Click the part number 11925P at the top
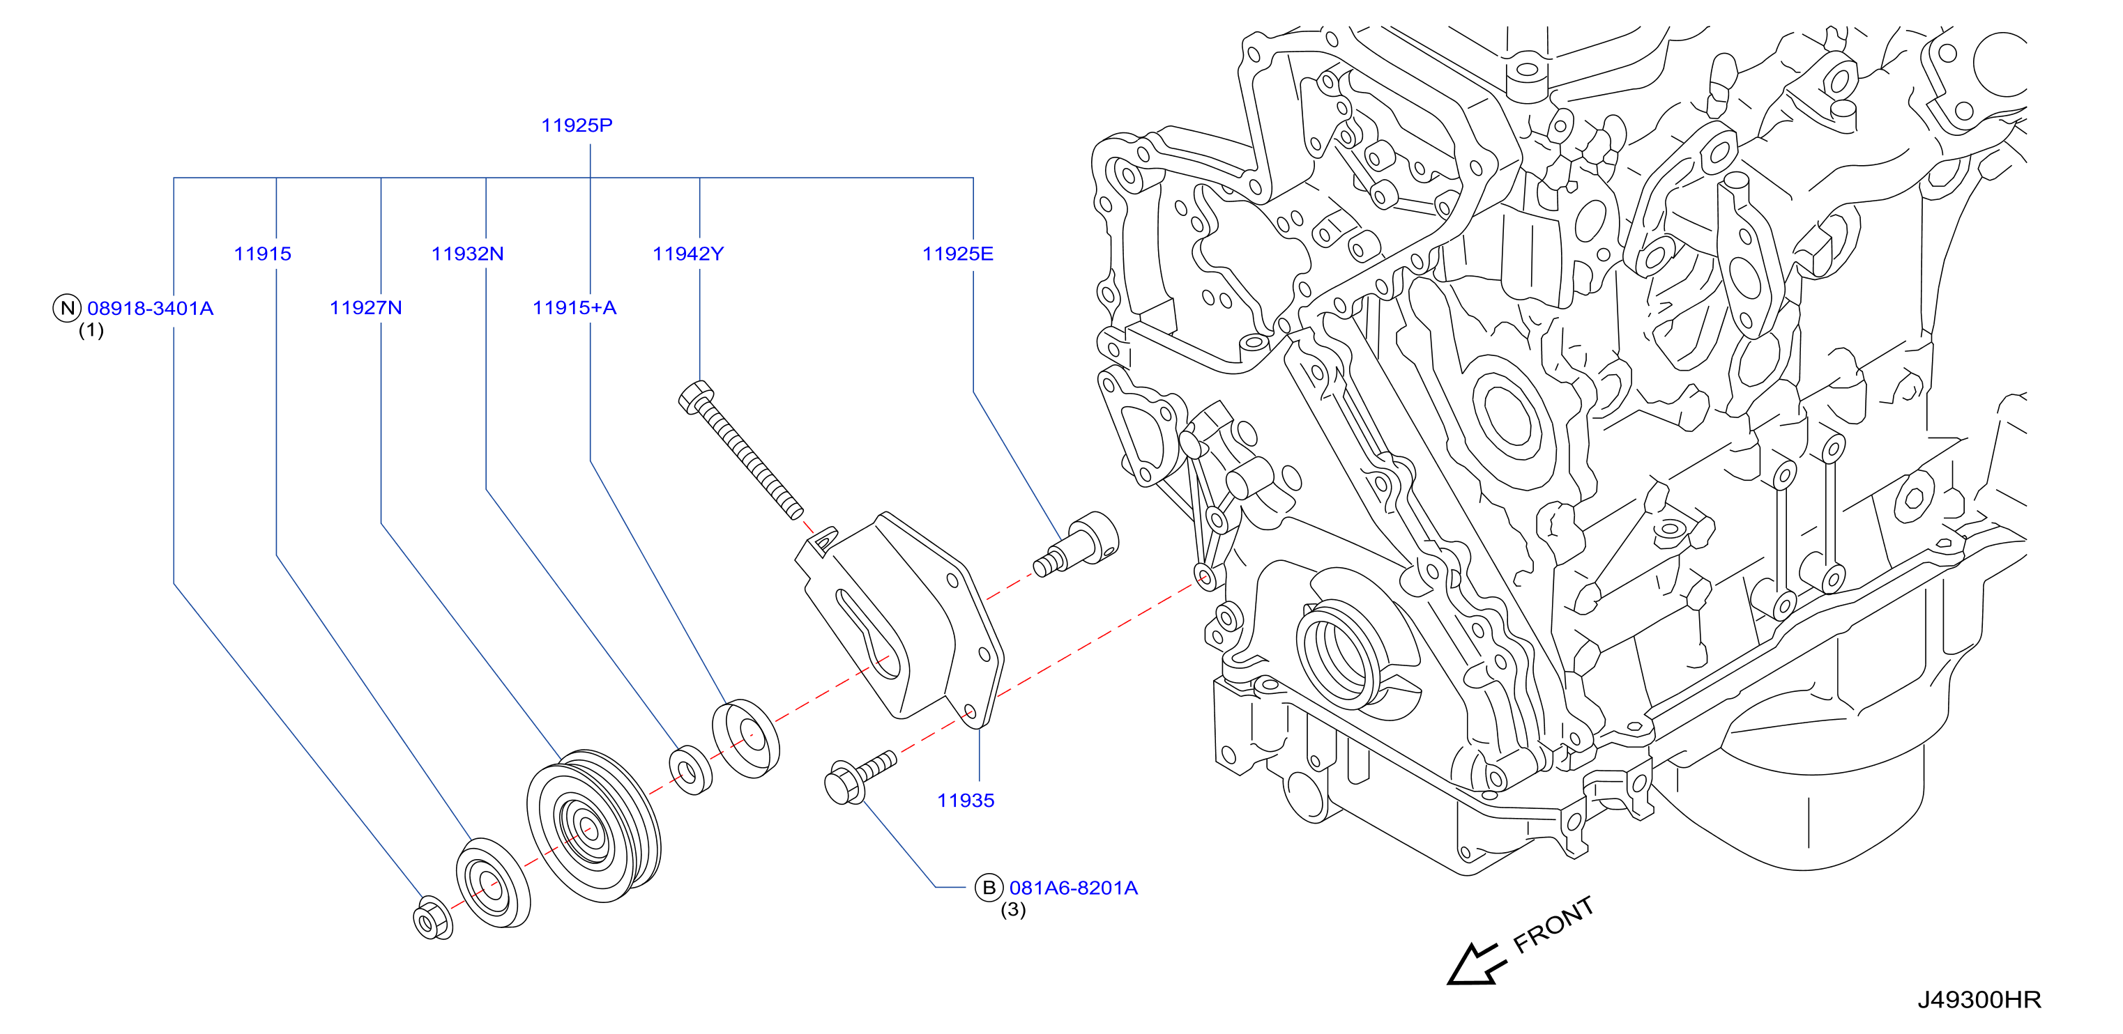click(x=576, y=125)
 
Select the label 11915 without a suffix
click(x=262, y=254)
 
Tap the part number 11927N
click(x=366, y=308)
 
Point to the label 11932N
click(x=467, y=254)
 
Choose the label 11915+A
click(x=574, y=308)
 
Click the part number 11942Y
click(x=688, y=254)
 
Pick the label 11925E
click(x=958, y=254)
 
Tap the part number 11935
click(x=965, y=800)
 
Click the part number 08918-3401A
click(x=150, y=308)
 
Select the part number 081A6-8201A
click(x=1073, y=888)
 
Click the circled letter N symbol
click(x=67, y=308)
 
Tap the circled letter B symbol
click(x=988, y=888)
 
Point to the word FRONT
click(x=1553, y=925)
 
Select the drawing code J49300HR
click(x=1979, y=999)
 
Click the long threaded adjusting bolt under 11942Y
click(x=740, y=449)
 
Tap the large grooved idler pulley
click(x=593, y=826)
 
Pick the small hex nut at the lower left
click(x=432, y=918)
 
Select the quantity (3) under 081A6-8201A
click(x=1013, y=909)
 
